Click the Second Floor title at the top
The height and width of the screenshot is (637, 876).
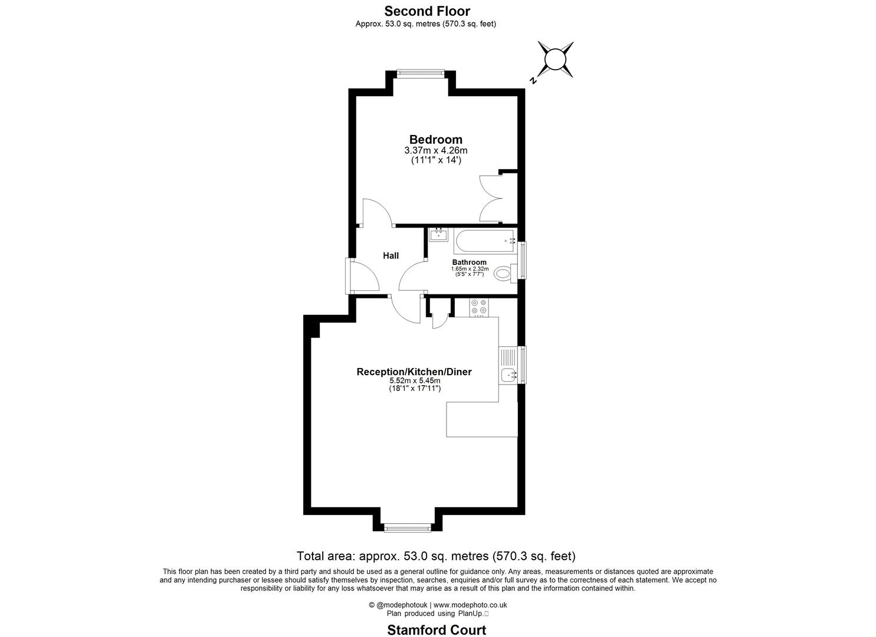tap(427, 11)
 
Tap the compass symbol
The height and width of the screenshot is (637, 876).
tap(555, 60)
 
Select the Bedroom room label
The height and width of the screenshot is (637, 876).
tap(435, 140)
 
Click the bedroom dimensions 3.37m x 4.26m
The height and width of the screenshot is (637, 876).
tap(435, 150)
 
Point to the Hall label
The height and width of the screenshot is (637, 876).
tap(391, 255)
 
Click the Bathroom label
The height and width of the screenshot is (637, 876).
tap(469, 262)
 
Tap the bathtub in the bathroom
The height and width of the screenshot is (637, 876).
tap(483, 241)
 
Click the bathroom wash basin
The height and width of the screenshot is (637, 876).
tap(438, 235)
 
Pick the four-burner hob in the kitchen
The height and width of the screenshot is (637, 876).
tap(478, 307)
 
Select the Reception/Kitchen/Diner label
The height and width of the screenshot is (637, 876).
tap(414, 372)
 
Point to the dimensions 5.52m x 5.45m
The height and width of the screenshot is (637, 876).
tap(414, 381)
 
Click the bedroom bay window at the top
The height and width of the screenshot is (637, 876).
tap(420, 74)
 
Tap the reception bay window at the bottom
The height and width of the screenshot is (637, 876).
tap(408, 528)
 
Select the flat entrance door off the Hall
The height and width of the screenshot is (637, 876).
tap(361, 276)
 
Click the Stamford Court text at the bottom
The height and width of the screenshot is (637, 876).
tap(437, 630)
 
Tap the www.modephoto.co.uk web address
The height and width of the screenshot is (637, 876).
tap(470, 605)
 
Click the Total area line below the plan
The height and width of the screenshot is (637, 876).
tap(436, 556)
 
